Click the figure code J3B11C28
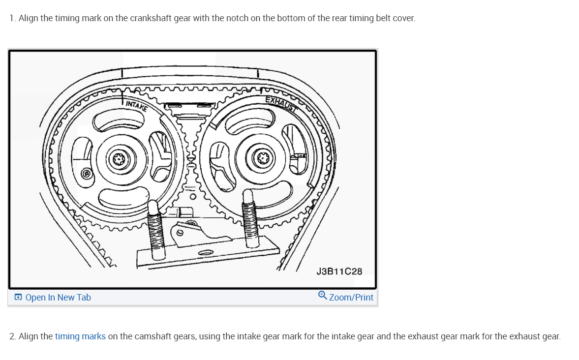point(339,271)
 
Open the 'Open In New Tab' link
point(58,297)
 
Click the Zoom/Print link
point(351,297)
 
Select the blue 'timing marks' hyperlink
point(80,336)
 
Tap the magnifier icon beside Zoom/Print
point(323,295)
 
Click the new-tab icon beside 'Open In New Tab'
point(18,297)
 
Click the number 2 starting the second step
point(12,336)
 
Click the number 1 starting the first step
point(12,18)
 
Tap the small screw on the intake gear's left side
point(86,173)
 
